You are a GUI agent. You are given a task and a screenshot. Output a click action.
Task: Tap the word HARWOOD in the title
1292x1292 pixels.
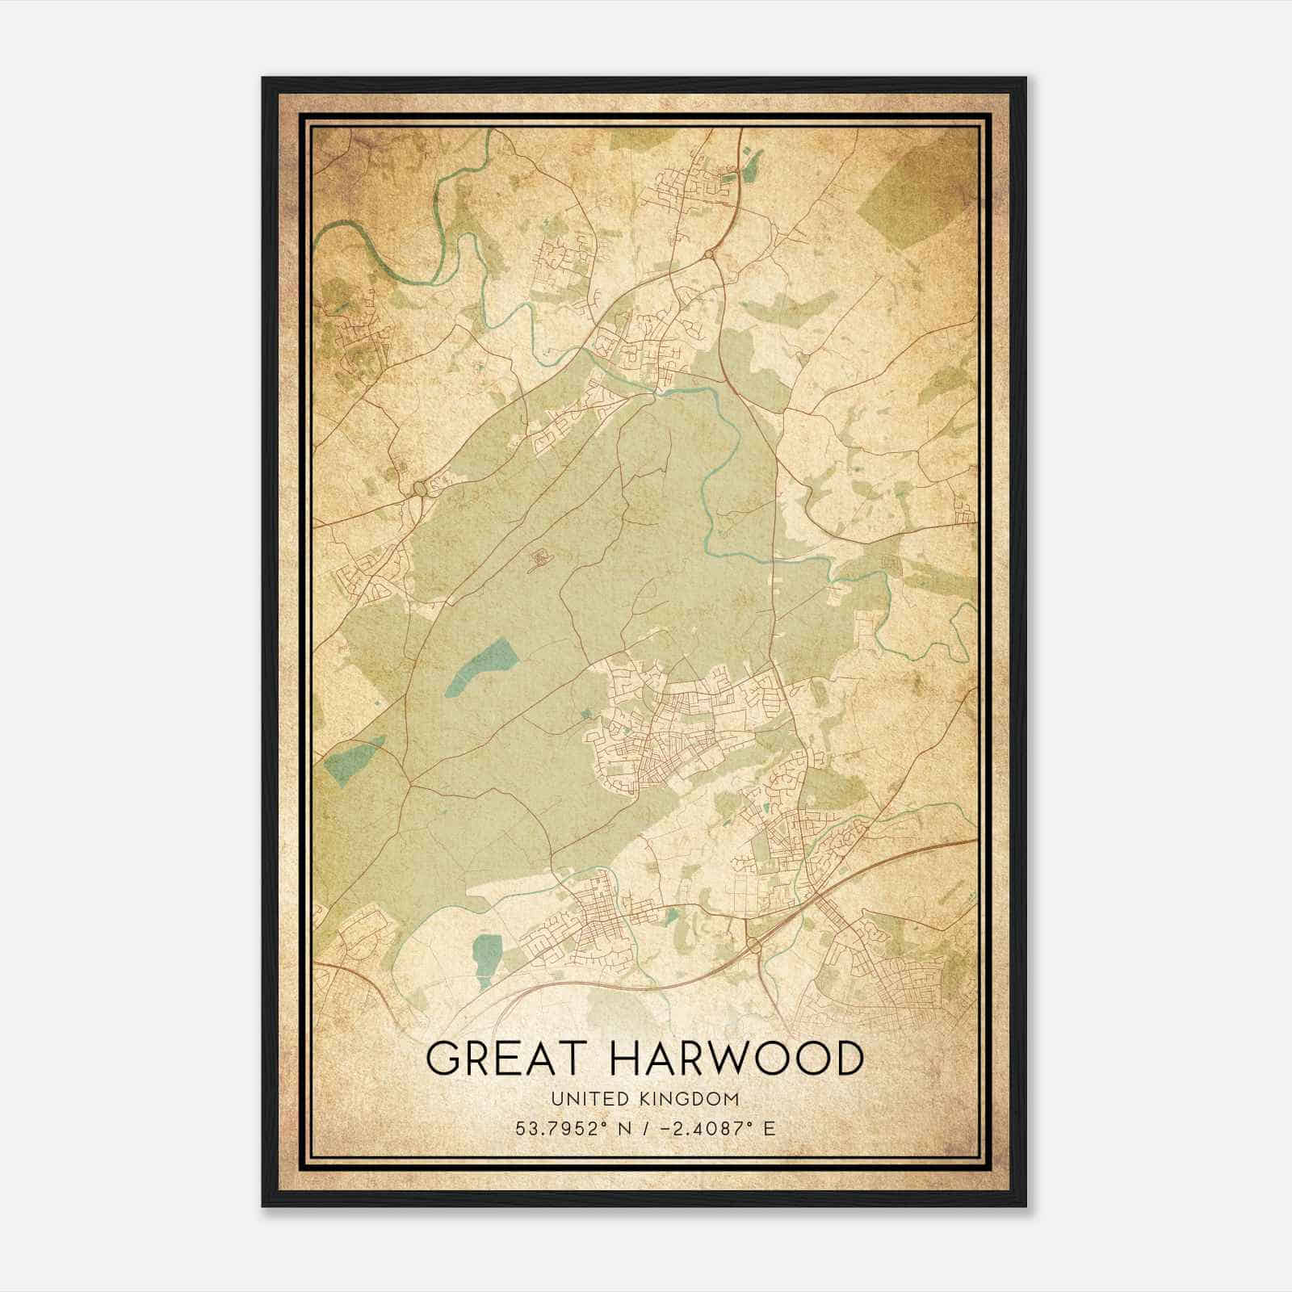736,1058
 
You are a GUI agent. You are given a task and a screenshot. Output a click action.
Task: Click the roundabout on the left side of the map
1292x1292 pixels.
420,489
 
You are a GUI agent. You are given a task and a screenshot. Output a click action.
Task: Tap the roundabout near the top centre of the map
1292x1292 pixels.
709,255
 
